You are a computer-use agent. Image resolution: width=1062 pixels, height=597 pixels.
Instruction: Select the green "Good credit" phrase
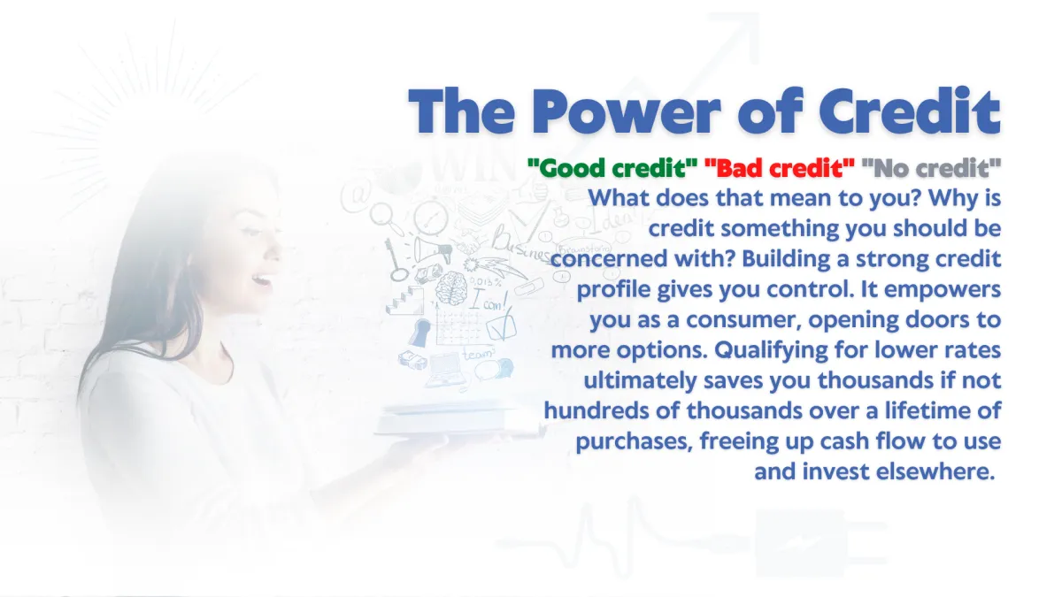pyautogui.click(x=612, y=168)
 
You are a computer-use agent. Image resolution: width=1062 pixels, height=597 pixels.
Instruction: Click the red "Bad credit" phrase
pyautogui.click(x=780, y=168)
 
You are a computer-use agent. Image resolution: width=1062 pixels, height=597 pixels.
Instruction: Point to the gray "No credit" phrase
pyautogui.click(x=931, y=168)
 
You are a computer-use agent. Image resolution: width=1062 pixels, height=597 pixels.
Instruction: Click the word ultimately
pyautogui.click(x=640, y=381)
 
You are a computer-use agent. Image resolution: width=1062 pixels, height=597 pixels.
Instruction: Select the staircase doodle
pyautogui.click(x=404, y=300)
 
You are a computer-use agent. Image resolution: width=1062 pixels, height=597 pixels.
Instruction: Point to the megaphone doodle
pyautogui.click(x=433, y=249)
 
